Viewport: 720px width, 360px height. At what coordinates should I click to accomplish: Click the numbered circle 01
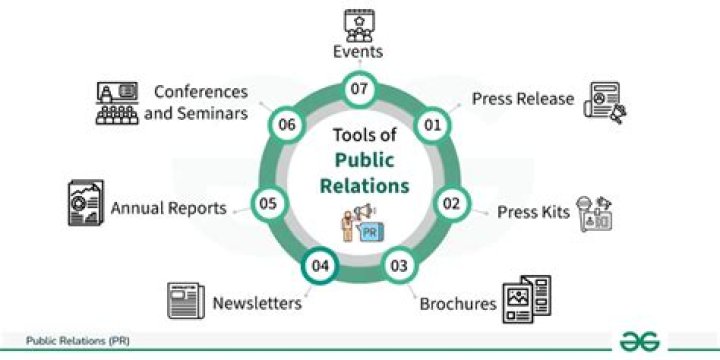(x=433, y=125)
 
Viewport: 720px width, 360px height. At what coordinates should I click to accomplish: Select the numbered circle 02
(x=451, y=203)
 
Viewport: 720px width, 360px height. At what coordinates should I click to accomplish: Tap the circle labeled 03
(x=399, y=266)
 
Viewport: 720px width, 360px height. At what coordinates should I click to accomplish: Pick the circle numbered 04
(x=319, y=266)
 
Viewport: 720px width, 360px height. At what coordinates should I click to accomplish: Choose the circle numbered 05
(x=267, y=203)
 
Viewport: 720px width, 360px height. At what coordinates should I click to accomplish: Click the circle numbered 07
(x=359, y=89)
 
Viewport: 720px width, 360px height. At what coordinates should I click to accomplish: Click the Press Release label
(x=523, y=99)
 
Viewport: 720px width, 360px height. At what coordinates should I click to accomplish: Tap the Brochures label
(x=458, y=303)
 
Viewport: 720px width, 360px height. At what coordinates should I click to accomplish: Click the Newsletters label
(x=257, y=302)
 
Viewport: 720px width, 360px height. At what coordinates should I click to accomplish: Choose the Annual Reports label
(x=168, y=208)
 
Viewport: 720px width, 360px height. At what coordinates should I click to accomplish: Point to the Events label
(x=358, y=52)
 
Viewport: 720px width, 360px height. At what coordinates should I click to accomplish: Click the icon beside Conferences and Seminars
(x=115, y=102)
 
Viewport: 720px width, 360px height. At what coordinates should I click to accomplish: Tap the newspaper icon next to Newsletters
(x=186, y=302)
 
